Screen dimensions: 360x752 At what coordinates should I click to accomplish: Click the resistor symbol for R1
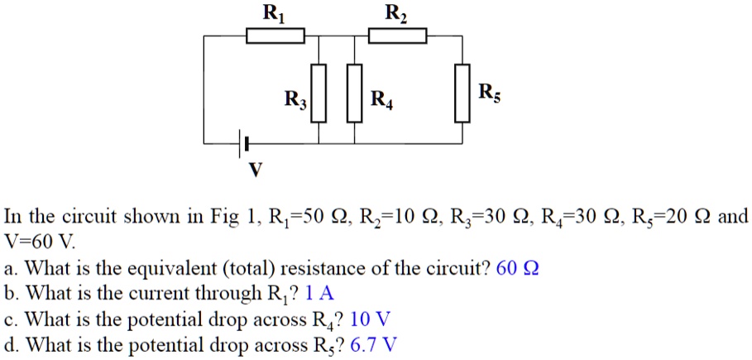(275, 36)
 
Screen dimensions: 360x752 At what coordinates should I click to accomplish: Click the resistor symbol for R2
(397, 36)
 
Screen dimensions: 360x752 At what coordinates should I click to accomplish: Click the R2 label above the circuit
(395, 12)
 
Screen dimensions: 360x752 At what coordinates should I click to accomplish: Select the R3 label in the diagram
(295, 102)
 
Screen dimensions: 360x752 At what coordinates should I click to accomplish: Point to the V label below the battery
(255, 170)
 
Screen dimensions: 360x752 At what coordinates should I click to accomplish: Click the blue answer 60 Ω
(517, 269)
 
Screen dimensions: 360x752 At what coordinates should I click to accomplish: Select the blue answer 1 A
(319, 294)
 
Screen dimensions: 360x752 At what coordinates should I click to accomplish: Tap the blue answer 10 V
(371, 319)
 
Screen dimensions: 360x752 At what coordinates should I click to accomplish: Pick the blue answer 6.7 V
(374, 343)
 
